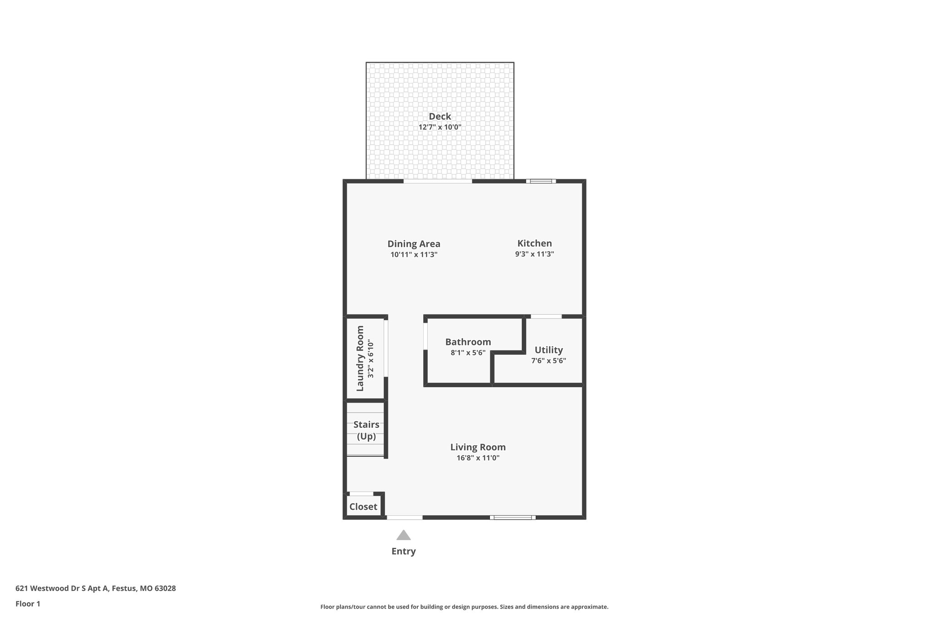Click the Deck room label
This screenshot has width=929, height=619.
point(440,117)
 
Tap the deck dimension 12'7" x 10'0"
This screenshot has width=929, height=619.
point(440,127)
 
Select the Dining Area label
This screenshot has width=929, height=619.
point(414,244)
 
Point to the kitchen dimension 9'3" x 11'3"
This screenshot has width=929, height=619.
point(534,254)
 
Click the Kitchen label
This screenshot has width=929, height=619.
point(534,244)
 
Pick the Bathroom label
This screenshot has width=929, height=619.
point(468,342)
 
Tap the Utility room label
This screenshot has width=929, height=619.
point(548,350)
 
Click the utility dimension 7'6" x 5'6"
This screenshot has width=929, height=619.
point(548,361)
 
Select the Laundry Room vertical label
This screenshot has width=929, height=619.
point(360,358)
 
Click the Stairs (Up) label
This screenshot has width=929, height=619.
point(366,430)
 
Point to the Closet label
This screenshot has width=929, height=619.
point(363,507)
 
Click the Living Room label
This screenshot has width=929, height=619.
point(478,447)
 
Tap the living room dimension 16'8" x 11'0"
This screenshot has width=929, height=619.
point(478,458)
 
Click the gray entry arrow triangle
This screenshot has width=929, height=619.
point(403,536)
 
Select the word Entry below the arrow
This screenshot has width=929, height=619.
point(403,551)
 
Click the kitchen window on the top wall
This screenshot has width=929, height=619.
point(541,181)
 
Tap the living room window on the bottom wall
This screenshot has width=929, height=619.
point(513,517)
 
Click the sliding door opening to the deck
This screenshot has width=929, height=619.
point(437,181)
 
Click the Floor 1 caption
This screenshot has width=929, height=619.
point(28,604)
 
